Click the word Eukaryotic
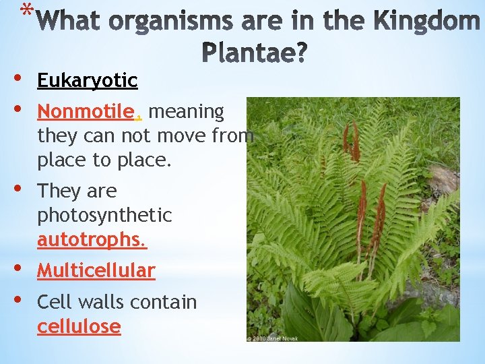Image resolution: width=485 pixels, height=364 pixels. coord(87,81)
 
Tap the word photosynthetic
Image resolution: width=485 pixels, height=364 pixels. coord(104,216)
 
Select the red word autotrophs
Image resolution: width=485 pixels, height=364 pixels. coord(92,239)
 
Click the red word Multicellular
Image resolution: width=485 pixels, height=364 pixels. coord(96,271)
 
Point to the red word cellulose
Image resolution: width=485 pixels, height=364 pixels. coord(79,327)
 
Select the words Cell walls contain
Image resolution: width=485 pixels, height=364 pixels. coord(117,303)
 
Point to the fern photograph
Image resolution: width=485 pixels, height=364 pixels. coord(353,216)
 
